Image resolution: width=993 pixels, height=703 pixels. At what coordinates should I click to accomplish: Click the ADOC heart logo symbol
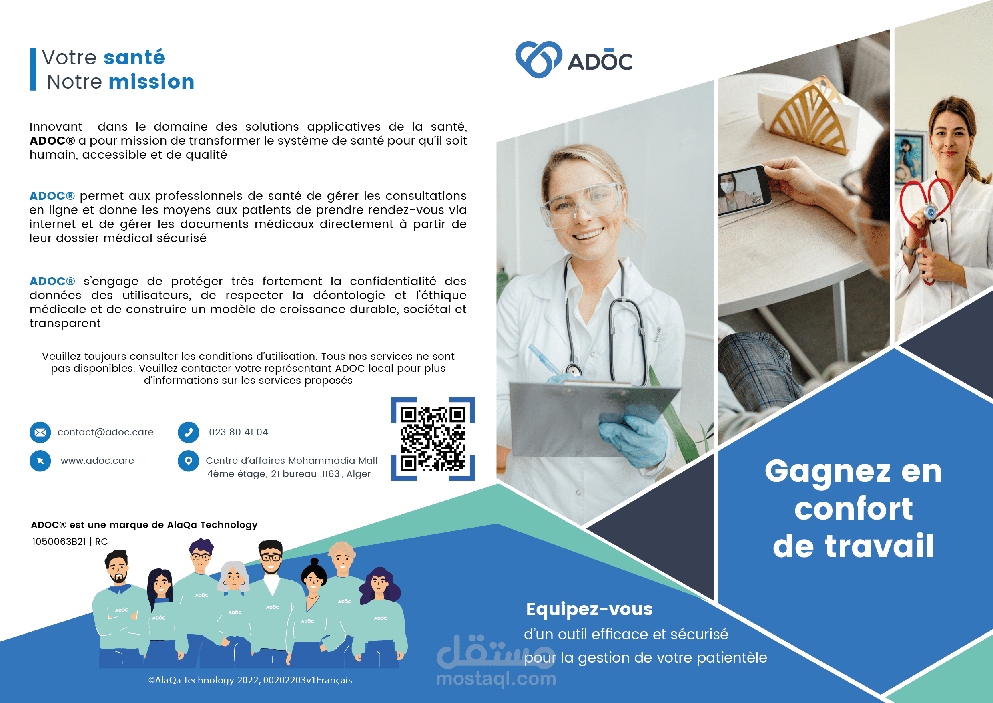(538, 60)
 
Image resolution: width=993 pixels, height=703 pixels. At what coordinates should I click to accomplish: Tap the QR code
(433, 439)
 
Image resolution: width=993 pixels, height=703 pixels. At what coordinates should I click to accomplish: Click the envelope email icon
(40, 433)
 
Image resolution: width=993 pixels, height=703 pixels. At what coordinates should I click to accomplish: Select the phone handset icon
(189, 433)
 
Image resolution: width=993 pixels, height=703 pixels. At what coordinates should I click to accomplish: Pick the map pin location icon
(189, 461)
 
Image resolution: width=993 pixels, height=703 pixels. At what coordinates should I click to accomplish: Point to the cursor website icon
(40, 461)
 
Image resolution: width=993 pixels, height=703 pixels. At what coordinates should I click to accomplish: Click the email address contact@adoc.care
(106, 433)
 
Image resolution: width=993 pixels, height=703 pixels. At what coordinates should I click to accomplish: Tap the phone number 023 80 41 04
(238, 432)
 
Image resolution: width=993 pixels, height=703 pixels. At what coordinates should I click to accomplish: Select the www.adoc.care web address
(97, 461)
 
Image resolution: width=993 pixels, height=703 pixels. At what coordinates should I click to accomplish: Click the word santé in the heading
(134, 58)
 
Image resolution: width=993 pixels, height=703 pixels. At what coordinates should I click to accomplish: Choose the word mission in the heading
(151, 81)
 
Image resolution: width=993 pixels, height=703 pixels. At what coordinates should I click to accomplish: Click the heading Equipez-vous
(589, 609)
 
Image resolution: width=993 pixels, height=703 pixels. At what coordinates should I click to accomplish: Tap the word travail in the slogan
(879, 546)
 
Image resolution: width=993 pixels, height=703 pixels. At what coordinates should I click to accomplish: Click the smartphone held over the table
(745, 190)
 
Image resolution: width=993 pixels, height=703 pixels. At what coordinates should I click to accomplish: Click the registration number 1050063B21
(59, 542)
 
